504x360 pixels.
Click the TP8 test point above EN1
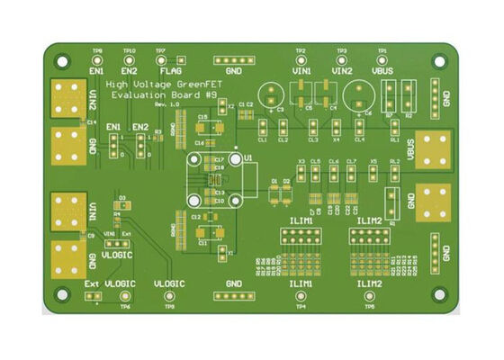(x=97, y=58)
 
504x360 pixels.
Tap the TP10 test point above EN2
(x=130, y=58)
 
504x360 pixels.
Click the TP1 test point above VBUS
(x=382, y=58)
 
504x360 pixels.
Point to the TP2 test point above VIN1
(x=301, y=58)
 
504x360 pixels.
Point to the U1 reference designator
(x=249, y=157)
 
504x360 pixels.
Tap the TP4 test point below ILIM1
(x=301, y=297)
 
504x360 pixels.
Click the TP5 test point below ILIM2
(x=369, y=297)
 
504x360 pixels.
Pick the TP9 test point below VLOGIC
(x=169, y=297)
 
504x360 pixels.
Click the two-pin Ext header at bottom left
(x=93, y=296)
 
